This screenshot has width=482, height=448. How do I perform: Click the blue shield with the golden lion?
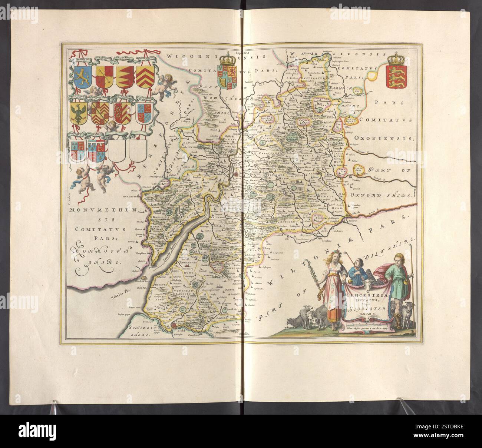[78, 76]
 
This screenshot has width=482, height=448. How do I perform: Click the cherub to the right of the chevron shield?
[162, 86]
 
